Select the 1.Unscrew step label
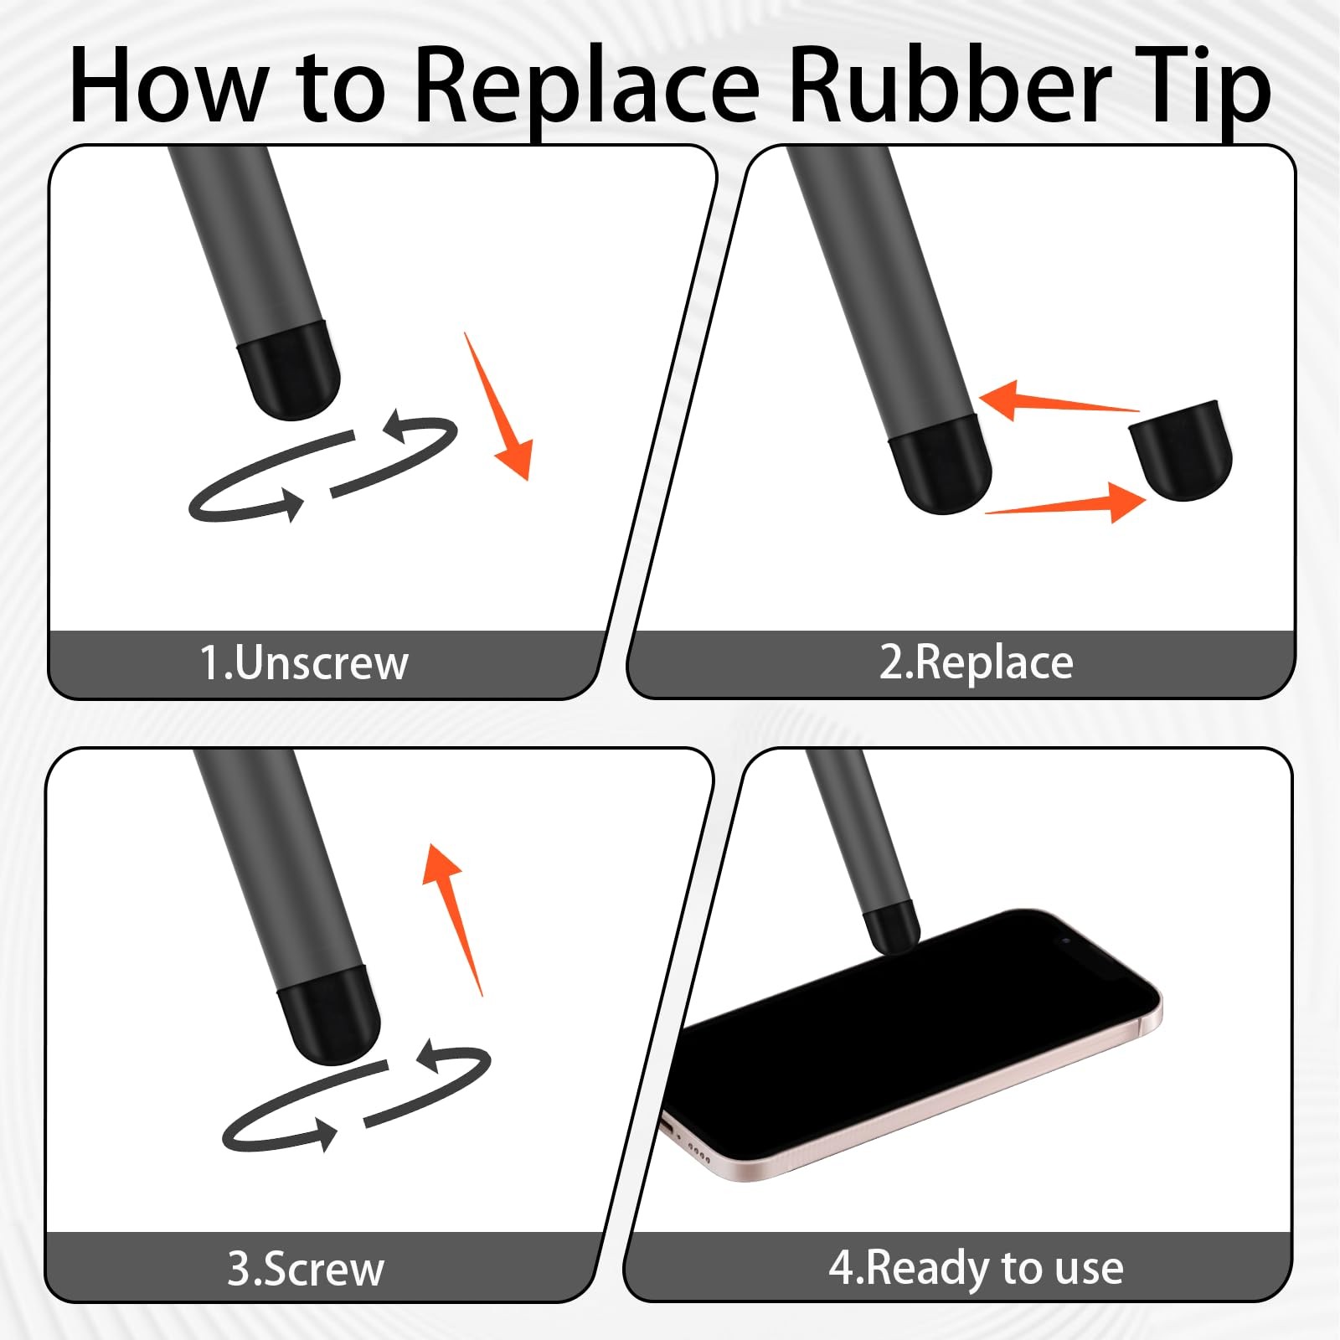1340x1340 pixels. pos(303,663)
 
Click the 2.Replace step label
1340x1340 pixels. pos(977,663)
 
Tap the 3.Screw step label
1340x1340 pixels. pos(306,1269)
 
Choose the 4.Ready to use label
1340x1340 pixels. pos(976,1268)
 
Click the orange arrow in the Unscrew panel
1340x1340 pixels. pos(498,406)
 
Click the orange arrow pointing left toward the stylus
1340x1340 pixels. pos(1059,401)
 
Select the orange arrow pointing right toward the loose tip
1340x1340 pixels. pos(1065,502)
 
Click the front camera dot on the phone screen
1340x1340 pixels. pos(1065,941)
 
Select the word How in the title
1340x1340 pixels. pos(168,84)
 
